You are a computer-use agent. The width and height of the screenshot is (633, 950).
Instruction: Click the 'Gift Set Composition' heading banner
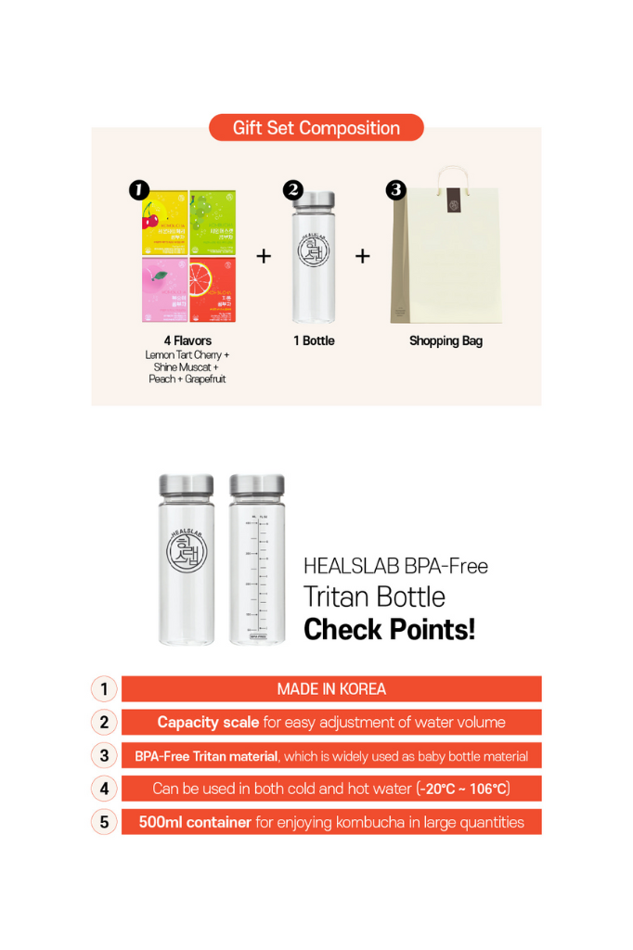click(316, 128)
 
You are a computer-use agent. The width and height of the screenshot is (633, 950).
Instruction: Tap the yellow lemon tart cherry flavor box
click(163, 223)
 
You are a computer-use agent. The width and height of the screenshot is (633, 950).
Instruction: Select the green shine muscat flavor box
click(213, 223)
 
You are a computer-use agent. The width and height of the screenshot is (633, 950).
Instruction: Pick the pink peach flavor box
click(163, 289)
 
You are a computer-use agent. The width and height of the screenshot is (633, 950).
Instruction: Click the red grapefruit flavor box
click(213, 289)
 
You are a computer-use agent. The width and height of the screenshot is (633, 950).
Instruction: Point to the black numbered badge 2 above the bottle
click(292, 190)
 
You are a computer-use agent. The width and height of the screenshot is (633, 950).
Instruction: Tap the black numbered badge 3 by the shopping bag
click(395, 190)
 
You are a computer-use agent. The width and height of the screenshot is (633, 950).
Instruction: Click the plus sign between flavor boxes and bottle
click(264, 256)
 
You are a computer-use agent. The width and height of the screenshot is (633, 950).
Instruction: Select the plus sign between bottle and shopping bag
click(362, 256)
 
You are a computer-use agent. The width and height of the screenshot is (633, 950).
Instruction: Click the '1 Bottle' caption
click(314, 340)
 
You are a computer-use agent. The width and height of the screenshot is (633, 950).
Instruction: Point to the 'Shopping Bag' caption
click(446, 340)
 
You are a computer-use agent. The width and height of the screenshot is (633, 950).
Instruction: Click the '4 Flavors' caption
click(187, 340)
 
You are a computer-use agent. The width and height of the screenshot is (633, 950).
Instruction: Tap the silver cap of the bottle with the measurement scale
click(257, 484)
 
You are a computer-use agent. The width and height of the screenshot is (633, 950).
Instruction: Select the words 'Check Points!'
click(389, 629)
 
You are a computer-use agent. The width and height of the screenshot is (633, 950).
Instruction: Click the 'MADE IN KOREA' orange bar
click(331, 688)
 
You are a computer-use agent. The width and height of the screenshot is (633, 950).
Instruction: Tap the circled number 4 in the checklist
click(104, 789)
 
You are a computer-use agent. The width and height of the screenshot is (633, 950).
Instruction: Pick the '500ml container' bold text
click(195, 822)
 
